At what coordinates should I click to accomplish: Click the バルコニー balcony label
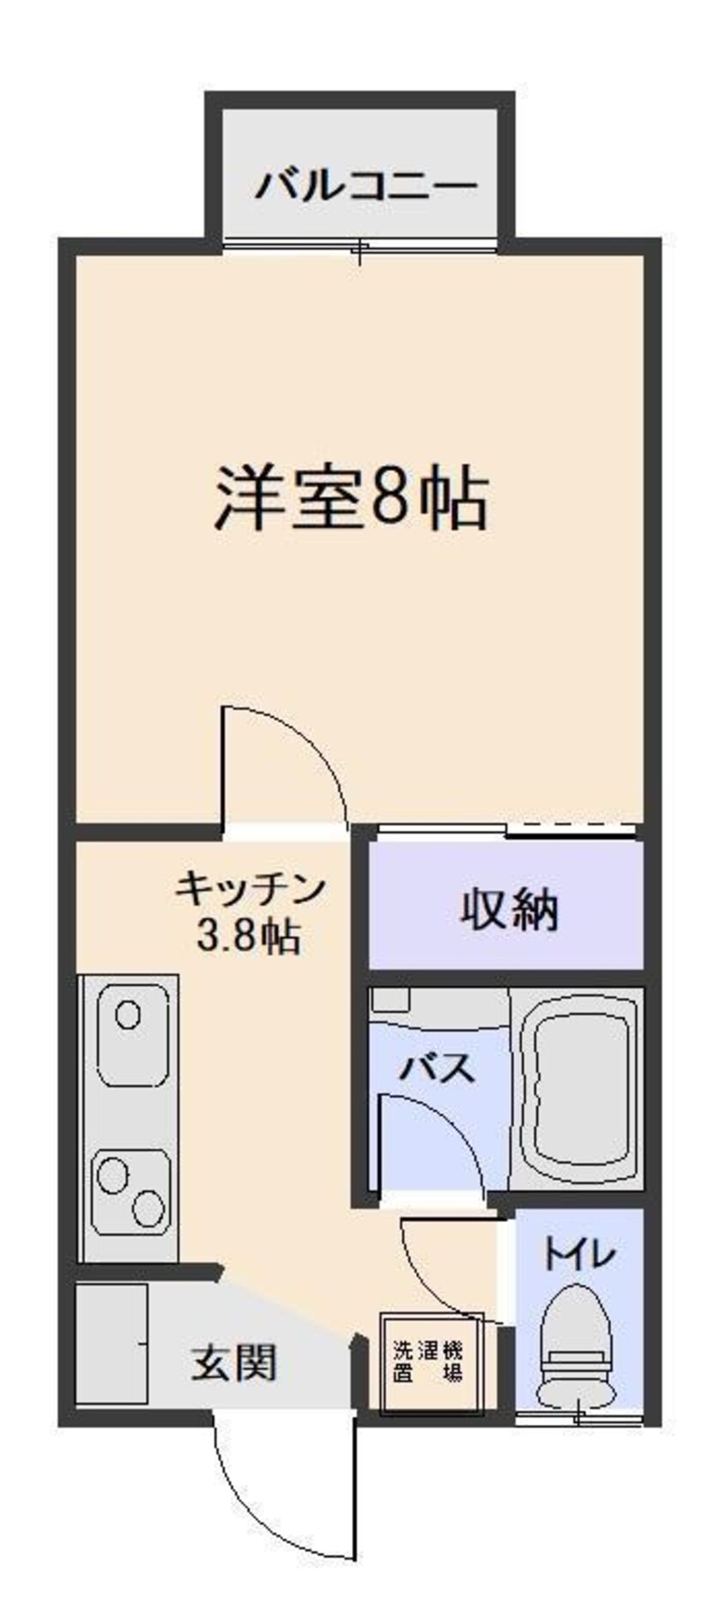[365, 185]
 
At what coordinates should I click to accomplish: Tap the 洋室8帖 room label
[352, 498]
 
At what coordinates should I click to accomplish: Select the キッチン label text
[250, 887]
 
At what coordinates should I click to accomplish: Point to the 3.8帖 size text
[248, 935]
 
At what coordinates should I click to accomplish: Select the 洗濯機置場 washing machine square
[427, 1361]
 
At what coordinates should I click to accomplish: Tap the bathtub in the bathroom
[581, 1089]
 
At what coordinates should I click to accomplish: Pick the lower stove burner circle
[148, 1208]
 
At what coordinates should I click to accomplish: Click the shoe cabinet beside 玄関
[111, 1344]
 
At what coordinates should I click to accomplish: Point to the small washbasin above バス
[391, 1000]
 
